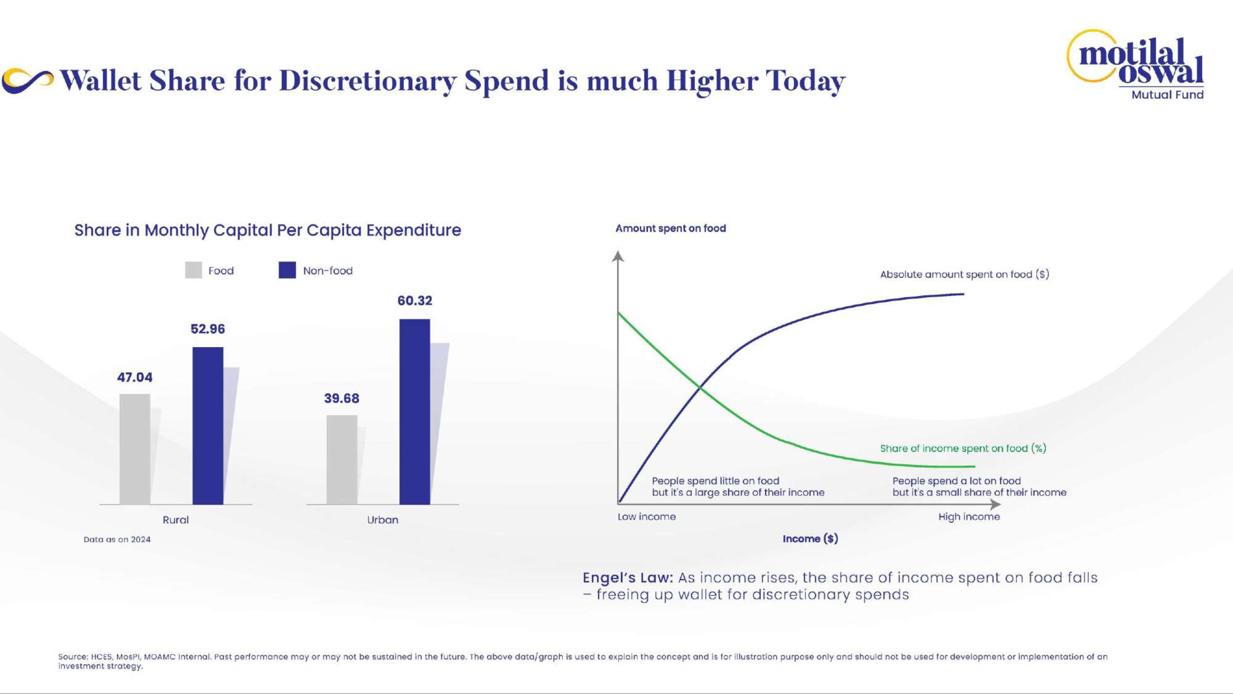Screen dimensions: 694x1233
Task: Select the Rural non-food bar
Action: [x=208, y=425]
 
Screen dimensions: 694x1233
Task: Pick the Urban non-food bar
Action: [x=415, y=411]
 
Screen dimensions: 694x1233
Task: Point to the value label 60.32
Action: [x=415, y=301]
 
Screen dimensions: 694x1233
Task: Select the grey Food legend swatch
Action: [x=193, y=270]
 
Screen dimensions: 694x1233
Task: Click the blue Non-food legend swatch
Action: [x=287, y=270]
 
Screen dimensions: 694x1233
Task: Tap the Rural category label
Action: [x=176, y=520]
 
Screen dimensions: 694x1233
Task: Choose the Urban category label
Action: [x=383, y=520]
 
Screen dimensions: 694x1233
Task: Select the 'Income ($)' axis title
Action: [x=810, y=539]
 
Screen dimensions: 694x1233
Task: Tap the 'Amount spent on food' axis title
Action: [x=670, y=229]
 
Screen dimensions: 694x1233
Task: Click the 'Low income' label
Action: [x=646, y=517]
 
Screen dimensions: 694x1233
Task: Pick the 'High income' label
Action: [x=969, y=517]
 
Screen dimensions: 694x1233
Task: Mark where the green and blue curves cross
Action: [x=700, y=388]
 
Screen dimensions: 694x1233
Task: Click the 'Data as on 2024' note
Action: [x=117, y=539]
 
